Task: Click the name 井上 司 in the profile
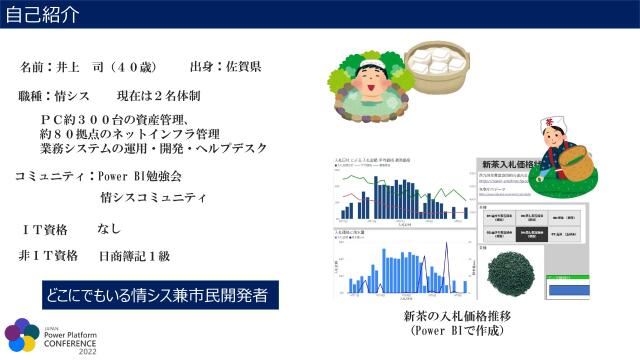click(83, 67)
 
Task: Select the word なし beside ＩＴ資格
click(109, 229)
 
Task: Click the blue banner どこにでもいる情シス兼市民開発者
click(160, 296)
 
